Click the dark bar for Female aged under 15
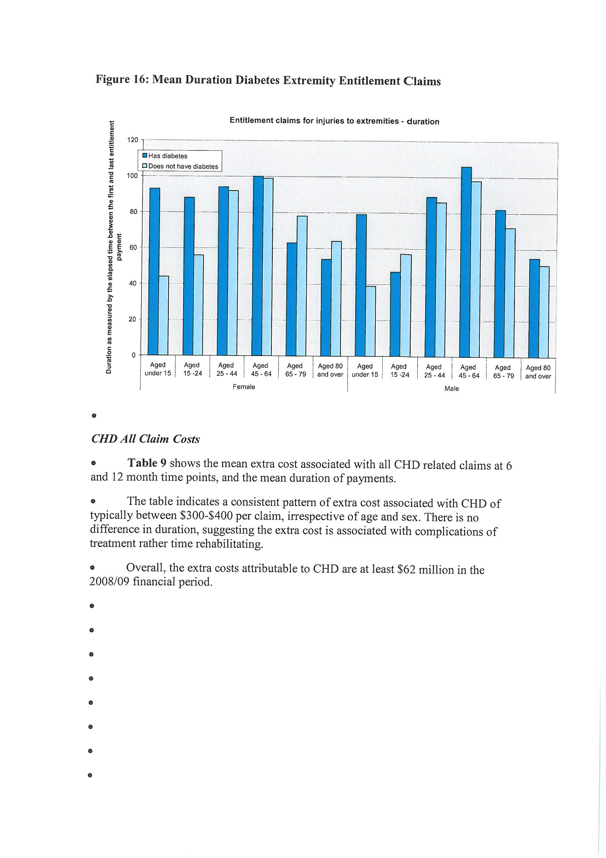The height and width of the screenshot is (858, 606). tap(154, 271)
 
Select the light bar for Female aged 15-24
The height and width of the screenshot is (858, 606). tap(198, 305)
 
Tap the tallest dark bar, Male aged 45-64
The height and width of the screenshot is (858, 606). tap(466, 262)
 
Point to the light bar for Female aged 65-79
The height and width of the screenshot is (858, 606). tap(302, 286)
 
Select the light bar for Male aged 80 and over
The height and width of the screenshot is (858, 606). tap(544, 312)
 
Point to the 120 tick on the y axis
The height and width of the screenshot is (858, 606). tap(133, 140)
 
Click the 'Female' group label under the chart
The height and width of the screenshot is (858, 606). tap(243, 387)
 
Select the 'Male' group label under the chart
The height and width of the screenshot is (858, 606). tap(451, 389)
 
